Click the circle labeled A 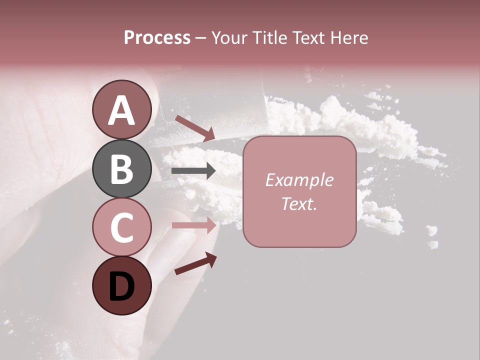coord(121,109)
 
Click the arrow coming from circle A coord(195,127)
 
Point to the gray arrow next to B coord(193,171)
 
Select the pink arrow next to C coord(193,225)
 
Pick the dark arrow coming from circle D coord(195,263)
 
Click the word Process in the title coord(157,38)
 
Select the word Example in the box coord(299,180)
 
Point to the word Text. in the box coord(299,203)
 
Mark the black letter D coord(121,287)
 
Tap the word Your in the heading coord(229,38)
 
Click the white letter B coord(121,169)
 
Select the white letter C coord(121,227)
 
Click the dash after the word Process coord(200,38)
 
